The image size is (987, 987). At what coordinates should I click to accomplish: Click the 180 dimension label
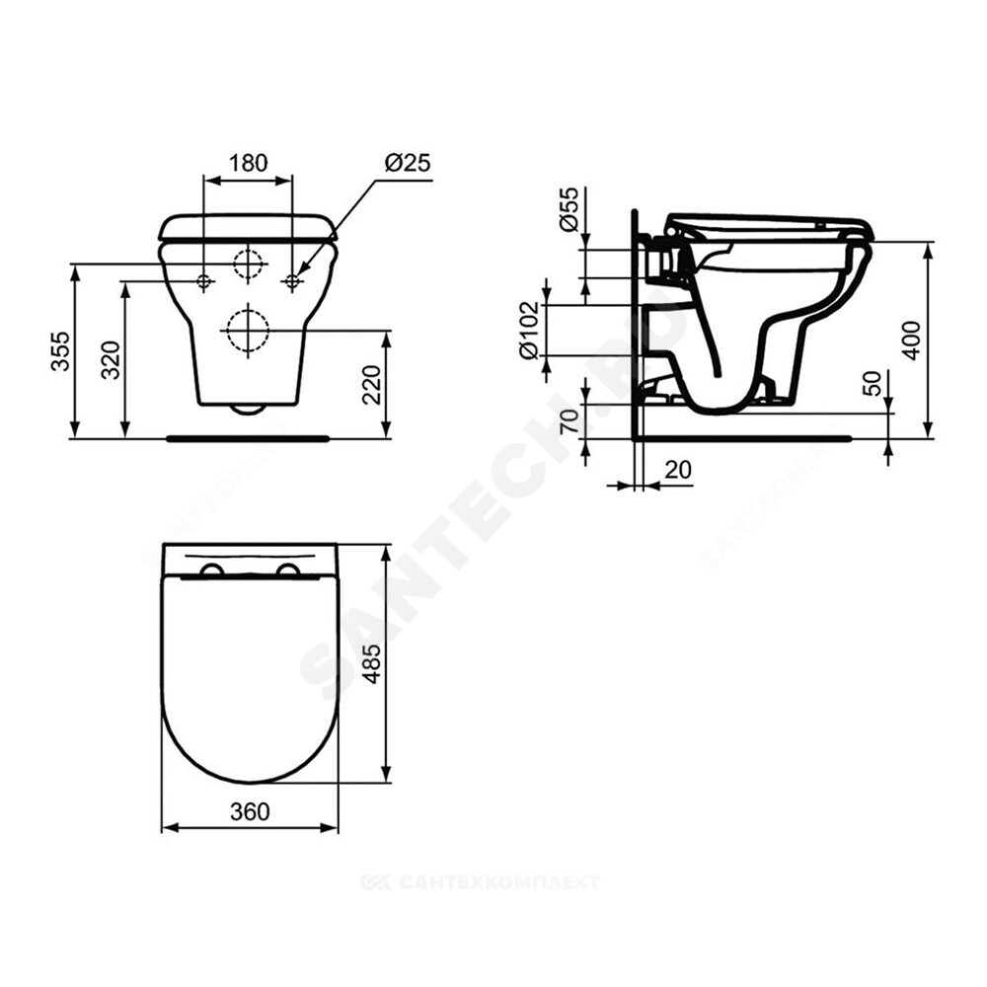(x=248, y=163)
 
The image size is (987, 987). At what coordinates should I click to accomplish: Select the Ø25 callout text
(x=408, y=163)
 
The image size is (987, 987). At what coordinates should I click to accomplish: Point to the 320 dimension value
(x=112, y=359)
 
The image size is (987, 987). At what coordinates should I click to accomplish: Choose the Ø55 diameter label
(x=568, y=209)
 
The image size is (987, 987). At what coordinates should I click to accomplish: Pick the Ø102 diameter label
(x=530, y=330)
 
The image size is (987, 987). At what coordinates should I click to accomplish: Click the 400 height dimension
(x=912, y=340)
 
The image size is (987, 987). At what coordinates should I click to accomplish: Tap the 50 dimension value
(x=873, y=384)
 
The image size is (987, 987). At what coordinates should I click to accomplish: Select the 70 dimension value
(x=569, y=421)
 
